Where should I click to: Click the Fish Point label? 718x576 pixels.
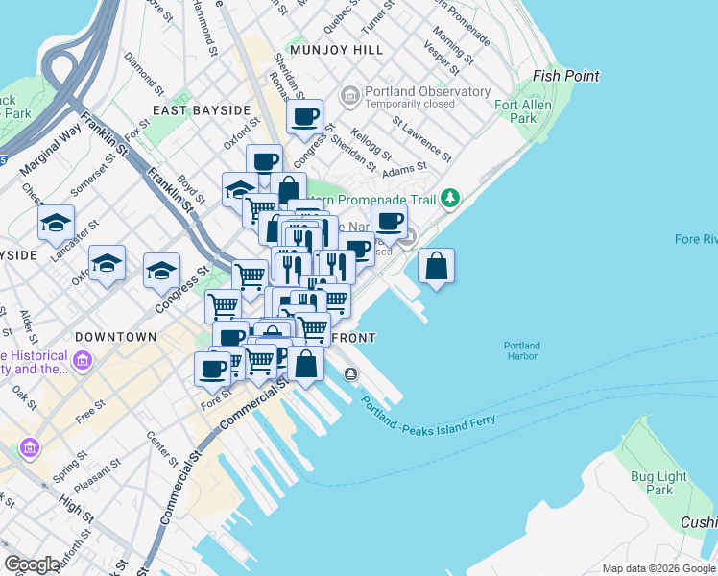pyautogui.click(x=566, y=76)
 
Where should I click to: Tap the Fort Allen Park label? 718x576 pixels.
pyautogui.click(x=522, y=110)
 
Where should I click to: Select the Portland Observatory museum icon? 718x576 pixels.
pyautogui.click(x=349, y=96)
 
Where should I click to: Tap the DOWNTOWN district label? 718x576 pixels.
pyautogui.click(x=115, y=337)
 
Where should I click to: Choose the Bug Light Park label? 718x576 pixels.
pyautogui.click(x=658, y=483)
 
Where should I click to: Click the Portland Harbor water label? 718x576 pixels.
pyautogui.click(x=522, y=351)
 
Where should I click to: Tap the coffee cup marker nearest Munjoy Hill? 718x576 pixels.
pyautogui.click(x=305, y=118)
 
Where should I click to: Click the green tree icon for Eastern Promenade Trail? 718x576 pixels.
pyautogui.click(x=449, y=199)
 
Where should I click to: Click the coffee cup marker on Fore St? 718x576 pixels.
pyautogui.click(x=213, y=368)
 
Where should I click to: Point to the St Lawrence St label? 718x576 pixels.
pyautogui.click(x=421, y=138)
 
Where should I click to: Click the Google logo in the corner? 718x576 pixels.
pyautogui.click(x=33, y=564)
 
